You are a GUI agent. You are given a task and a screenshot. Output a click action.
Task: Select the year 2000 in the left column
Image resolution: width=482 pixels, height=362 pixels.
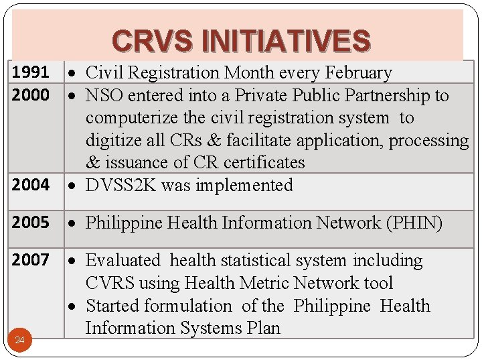(30, 95)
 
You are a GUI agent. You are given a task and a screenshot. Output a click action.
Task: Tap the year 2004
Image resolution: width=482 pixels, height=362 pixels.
(30, 185)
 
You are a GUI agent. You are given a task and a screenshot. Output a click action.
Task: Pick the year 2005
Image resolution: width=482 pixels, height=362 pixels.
(30, 223)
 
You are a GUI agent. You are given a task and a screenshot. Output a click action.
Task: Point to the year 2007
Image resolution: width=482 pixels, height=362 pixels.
(30, 260)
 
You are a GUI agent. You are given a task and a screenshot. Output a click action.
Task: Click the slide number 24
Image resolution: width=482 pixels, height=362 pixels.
(19, 341)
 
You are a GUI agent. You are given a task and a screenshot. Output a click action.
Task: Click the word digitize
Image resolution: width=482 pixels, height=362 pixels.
(110, 141)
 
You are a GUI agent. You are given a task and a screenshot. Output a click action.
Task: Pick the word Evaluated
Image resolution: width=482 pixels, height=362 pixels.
(124, 260)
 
